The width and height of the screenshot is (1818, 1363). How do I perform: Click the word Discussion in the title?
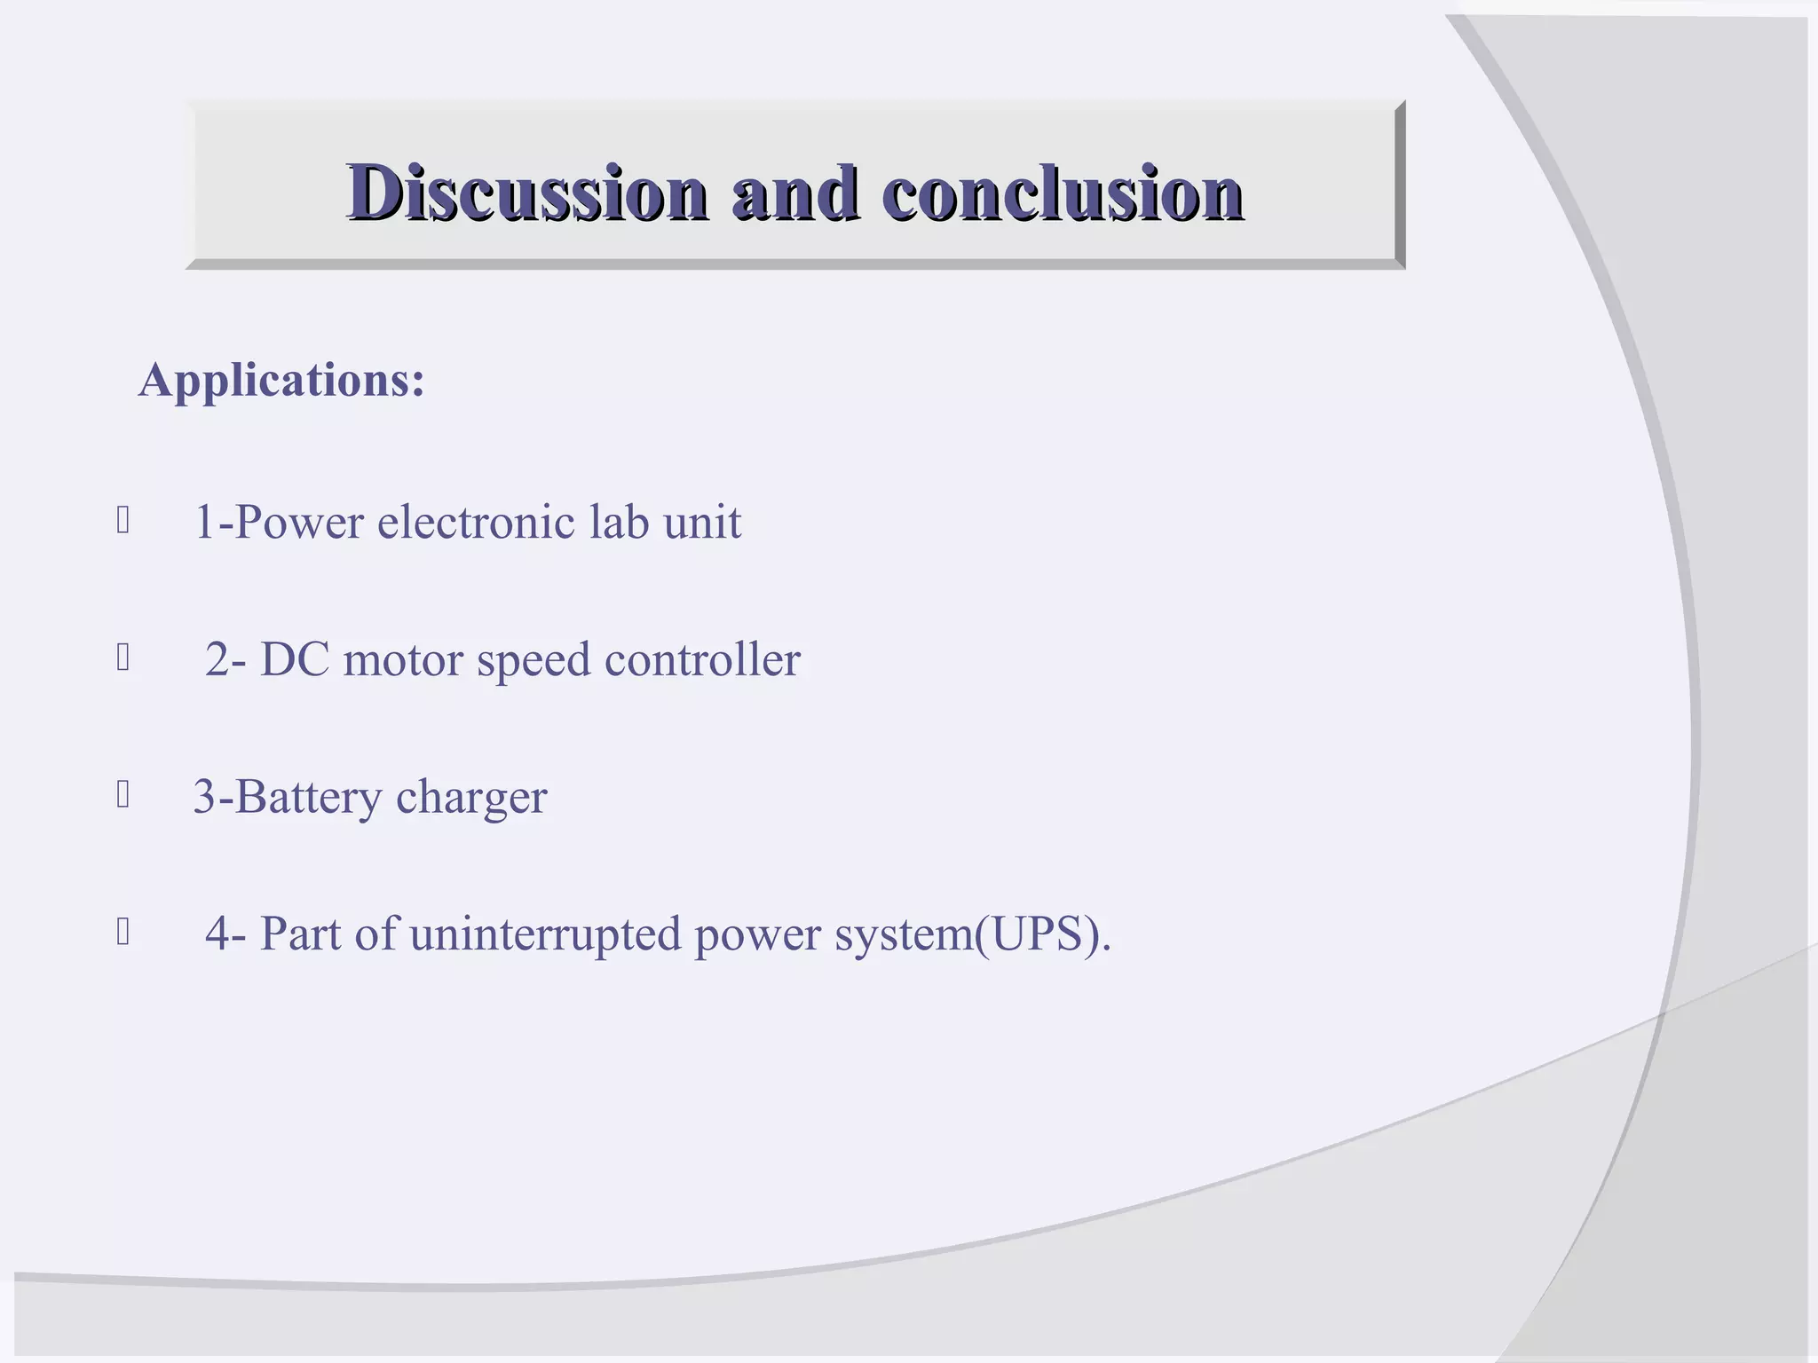(x=527, y=193)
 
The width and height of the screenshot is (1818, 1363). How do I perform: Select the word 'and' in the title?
(x=794, y=193)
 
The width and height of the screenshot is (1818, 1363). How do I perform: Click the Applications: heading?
(x=282, y=380)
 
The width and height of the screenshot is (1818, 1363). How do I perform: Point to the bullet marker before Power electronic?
(x=123, y=520)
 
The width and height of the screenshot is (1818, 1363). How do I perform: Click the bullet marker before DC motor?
(x=123, y=658)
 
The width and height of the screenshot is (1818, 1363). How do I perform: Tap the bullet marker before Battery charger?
(x=123, y=795)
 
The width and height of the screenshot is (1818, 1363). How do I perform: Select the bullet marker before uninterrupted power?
(x=123, y=932)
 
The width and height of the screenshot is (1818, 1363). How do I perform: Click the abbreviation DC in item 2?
(x=295, y=659)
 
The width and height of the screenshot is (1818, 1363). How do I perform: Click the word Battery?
(x=308, y=797)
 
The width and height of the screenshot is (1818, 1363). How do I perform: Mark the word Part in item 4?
(x=300, y=934)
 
